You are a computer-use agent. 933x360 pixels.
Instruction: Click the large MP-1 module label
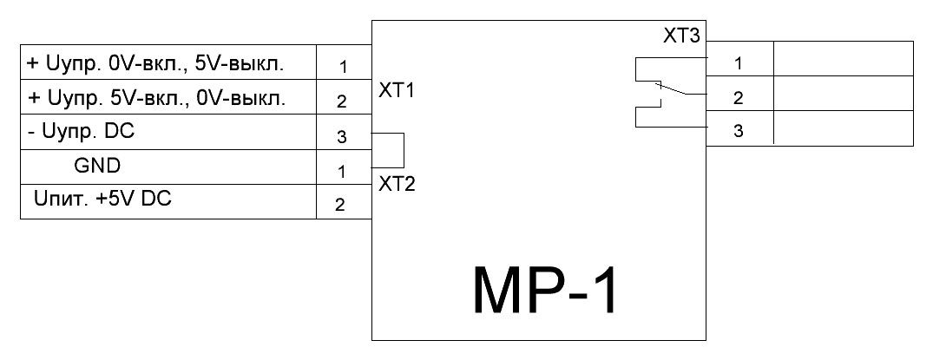[x=547, y=290]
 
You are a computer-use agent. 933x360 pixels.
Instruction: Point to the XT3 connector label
[x=682, y=36]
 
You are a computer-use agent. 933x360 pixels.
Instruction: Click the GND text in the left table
[x=97, y=165]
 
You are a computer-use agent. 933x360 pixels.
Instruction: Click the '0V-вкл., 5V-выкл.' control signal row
[x=157, y=63]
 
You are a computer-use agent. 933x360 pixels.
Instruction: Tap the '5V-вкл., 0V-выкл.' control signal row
[x=157, y=98]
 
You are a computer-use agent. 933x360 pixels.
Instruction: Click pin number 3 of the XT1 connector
[x=341, y=136]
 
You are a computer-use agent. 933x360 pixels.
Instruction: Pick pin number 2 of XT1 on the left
[x=341, y=101]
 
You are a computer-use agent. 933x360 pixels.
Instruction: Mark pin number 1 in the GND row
[x=341, y=172]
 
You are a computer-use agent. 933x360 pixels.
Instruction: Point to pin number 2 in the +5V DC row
[x=341, y=206]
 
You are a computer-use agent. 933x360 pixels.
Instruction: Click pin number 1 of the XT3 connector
[x=738, y=62]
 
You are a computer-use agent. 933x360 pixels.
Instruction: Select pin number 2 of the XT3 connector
[x=738, y=98]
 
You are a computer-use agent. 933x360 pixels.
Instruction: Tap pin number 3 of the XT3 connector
[x=738, y=133]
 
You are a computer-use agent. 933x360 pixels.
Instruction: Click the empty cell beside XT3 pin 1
[x=843, y=59]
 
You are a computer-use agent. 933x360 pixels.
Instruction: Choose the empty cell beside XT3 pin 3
[x=843, y=128]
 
